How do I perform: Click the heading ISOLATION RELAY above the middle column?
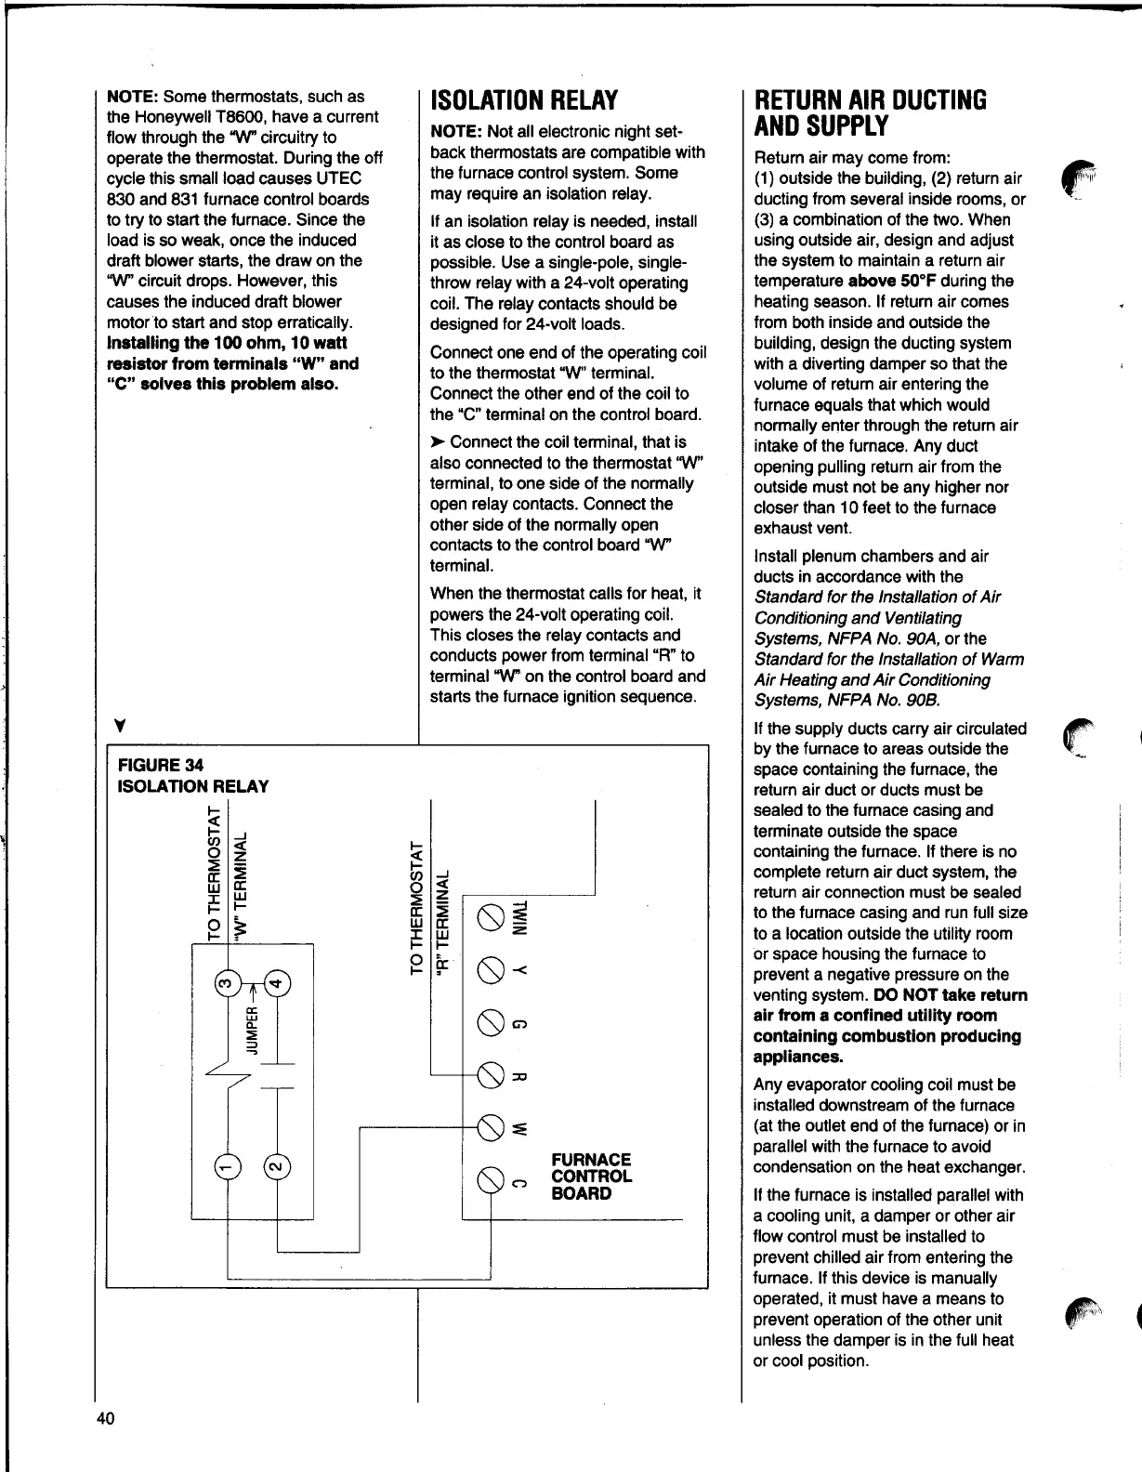524,100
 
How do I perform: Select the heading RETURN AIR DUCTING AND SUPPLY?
870,112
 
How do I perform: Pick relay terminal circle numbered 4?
277,982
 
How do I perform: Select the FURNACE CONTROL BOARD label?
591,1176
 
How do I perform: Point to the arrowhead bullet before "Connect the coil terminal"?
438,442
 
